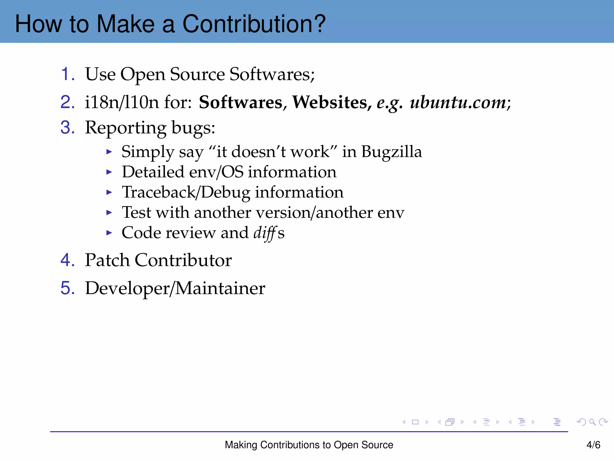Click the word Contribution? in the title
point(254,24)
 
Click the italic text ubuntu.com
point(458,102)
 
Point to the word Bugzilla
point(392,152)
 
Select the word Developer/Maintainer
point(175,288)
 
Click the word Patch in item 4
point(107,260)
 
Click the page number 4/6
point(593,445)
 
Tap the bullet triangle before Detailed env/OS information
point(109,172)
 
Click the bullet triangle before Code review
point(109,233)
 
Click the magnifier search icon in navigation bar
point(592,422)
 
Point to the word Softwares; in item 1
point(272,74)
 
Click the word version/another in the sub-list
point(313,212)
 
